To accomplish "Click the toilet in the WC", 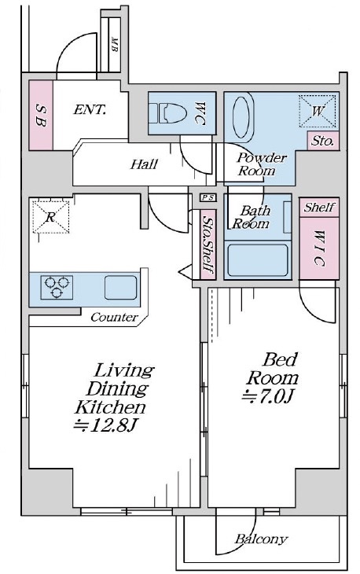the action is pos(167,113).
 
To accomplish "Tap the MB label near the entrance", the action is pos(114,44).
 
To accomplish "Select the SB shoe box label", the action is pos(41,115).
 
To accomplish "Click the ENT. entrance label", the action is pos(90,109).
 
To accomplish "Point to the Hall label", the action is pos(144,164).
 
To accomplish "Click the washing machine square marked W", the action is pos(318,111).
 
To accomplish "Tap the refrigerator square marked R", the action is pos(50,217).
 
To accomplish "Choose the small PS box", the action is pos(208,197).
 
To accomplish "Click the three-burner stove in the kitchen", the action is pos(57,287).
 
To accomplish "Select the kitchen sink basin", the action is pos(121,287).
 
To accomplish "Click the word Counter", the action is pos(114,317).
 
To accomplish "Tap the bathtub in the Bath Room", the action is pos(258,260).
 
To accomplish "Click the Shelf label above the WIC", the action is pos(318,208).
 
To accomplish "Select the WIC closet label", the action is pos(319,248).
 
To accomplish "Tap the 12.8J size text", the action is pos(105,425).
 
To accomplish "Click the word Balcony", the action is pos(261,539).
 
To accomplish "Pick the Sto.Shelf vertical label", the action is pos(208,245).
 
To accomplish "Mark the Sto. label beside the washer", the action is pos(323,141).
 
